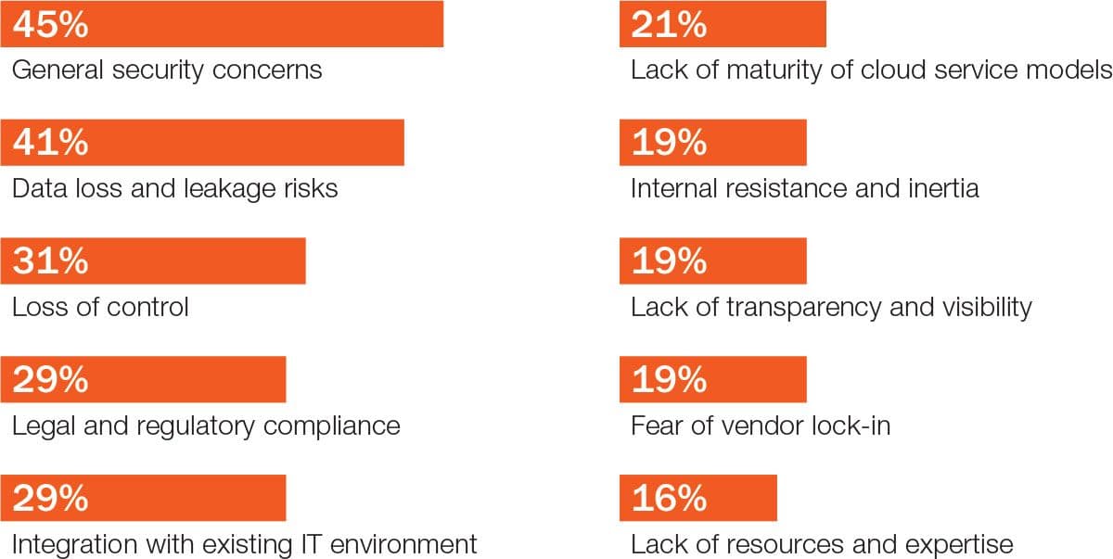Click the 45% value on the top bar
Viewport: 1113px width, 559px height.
click(x=51, y=24)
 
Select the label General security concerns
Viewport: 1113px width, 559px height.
click(x=167, y=70)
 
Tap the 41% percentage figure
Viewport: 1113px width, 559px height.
click(x=51, y=143)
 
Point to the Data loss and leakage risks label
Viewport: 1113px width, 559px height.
click(x=174, y=188)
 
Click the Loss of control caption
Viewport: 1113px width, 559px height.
click(x=100, y=307)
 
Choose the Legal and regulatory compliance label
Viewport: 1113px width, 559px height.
click(x=206, y=426)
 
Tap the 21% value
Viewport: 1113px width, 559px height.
click(x=669, y=24)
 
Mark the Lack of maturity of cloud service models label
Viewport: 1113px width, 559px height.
click(x=870, y=70)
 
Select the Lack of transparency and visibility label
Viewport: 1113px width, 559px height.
click(x=831, y=307)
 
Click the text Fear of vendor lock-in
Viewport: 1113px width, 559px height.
click(x=761, y=426)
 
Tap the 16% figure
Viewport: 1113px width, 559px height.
click(x=669, y=499)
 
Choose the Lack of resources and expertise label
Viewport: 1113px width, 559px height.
click(x=822, y=544)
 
